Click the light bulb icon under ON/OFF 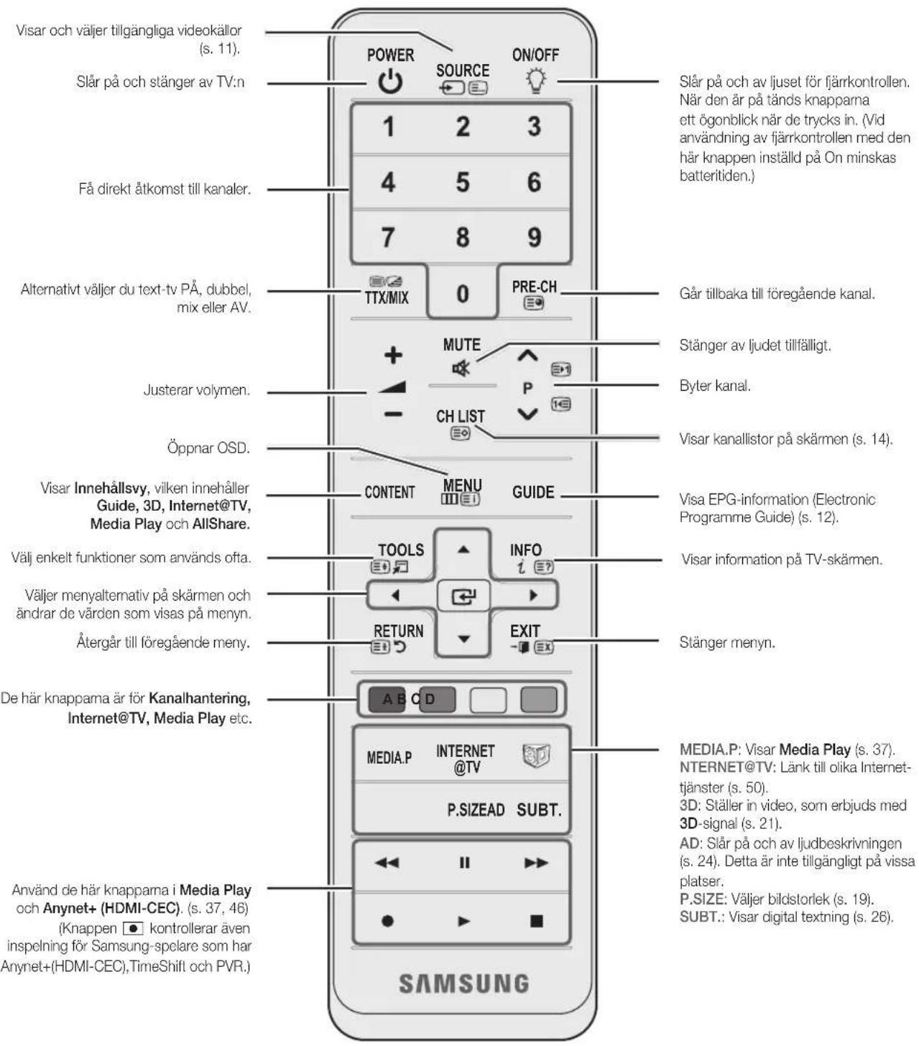click(x=535, y=80)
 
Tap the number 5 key click(x=463, y=182)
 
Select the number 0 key click(x=463, y=294)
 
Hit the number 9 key click(x=535, y=237)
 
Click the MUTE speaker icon click(x=461, y=368)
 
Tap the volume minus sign click(x=394, y=414)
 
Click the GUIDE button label click(x=533, y=492)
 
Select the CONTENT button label click(x=389, y=492)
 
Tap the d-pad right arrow click(x=533, y=596)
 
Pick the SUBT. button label click(x=539, y=810)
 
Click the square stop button click(x=537, y=921)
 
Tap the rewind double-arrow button click(x=387, y=863)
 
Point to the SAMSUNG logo click(x=463, y=983)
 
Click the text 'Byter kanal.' click(x=714, y=386)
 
